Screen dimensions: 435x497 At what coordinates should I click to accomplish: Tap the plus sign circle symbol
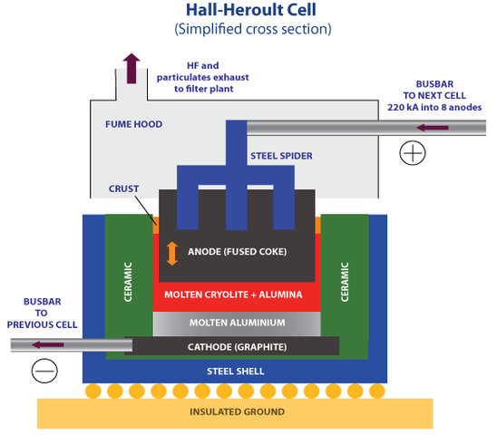pos(414,152)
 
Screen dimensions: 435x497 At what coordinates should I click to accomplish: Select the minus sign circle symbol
pos(44,370)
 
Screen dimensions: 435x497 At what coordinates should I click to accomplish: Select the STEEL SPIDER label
pos(281,156)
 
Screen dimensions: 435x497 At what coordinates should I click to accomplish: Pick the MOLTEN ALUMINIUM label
pos(237,323)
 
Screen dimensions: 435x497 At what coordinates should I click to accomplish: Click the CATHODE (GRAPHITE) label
pos(237,346)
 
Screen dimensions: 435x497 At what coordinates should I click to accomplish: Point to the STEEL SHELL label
pos(237,371)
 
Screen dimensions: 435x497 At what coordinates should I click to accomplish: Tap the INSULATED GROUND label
pos(237,411)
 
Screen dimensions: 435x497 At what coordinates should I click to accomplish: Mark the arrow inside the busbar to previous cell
pos(51,344)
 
